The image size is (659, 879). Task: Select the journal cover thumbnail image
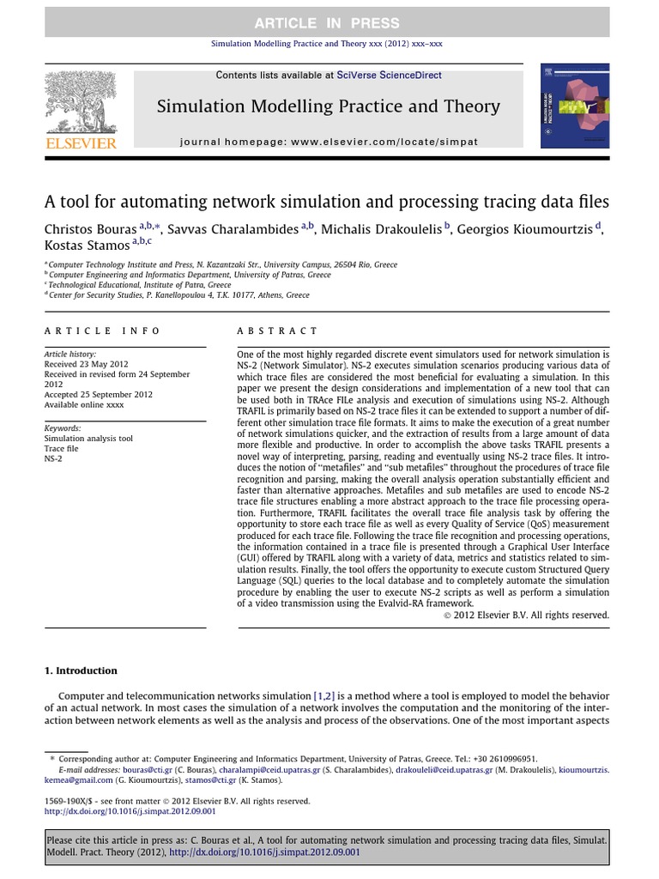coord(575,106)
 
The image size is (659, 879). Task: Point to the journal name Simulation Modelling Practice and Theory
coord(328,106)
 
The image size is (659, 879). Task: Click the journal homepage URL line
coord(329,141)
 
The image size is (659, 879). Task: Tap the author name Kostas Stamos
coord(84,246)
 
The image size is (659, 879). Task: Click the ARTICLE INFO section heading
coord(89,330)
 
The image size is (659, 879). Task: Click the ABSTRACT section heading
coord(276,330)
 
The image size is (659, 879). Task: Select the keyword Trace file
coord(61,448)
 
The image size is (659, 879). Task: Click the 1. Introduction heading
coord(81,670)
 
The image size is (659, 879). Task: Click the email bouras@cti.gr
coord(128,771)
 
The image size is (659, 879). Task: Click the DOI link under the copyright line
coord(130,811)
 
